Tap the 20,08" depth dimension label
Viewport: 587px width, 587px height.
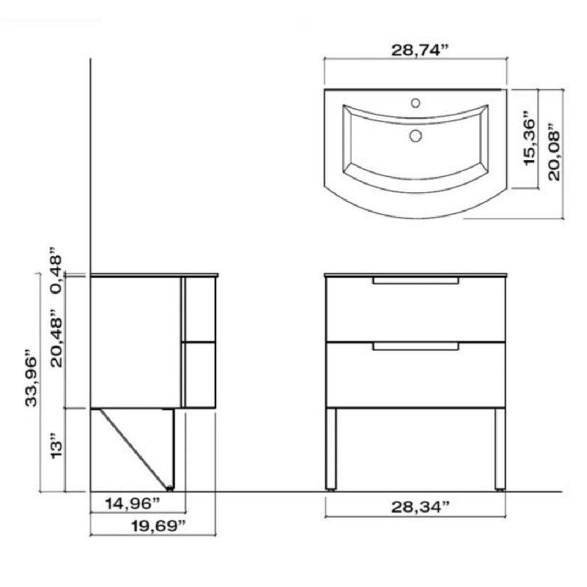(x=553, y=150)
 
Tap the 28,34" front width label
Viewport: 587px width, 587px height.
(x=416, y=507)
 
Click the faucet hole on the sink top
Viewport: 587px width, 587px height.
(x=415, y=103)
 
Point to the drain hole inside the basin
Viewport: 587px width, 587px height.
(x=415, y=135)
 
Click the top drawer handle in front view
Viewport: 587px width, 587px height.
(x=416, y=280)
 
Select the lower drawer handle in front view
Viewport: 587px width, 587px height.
(x=416, y=346)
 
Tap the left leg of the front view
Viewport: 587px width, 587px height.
(x=331, y=449)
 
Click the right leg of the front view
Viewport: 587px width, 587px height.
(x=500, y=449)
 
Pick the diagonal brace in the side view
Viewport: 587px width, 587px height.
(x=134, y=447)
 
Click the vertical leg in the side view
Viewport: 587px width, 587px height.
(x=173, y=449)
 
